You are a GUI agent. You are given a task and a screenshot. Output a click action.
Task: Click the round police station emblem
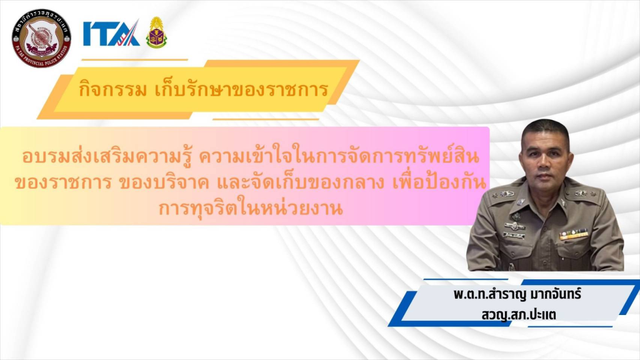click(41, 38)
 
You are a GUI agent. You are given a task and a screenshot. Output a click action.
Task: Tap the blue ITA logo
click(111, 33)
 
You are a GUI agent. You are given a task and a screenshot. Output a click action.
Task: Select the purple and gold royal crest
click(156, 32)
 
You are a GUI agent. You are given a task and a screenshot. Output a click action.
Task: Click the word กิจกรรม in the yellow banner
click(112, 89)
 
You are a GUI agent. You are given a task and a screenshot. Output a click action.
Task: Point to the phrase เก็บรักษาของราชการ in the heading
click(242, 89)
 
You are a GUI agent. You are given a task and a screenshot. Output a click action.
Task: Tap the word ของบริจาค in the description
click(164, 183)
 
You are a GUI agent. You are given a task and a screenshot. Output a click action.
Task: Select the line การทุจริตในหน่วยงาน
click(251, 208)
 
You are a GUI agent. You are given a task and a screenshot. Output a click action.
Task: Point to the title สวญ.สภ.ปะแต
click(519, 315)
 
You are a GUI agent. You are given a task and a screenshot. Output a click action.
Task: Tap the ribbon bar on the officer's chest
click(574, 234)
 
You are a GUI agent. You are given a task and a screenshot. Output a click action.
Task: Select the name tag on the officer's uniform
click(514, 236)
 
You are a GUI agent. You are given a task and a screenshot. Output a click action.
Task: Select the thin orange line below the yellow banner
click(266, 119)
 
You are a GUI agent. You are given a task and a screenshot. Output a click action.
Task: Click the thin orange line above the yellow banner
click(135, 59)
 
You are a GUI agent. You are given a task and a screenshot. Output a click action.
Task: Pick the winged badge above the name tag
click(514, 225)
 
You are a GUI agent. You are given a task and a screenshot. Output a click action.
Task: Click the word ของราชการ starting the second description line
click(63, 183)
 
